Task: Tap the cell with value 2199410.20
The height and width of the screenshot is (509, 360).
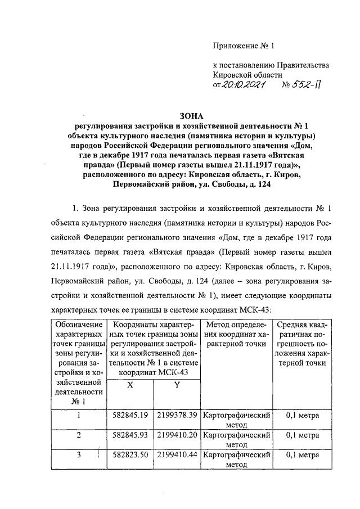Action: pyautogui.click(x=177, y=435)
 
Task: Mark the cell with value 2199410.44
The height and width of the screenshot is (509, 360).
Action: pyautogui.click(x=177, y=455)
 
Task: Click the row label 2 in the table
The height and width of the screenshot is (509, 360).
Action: pyautogui.click(x=79, y=435)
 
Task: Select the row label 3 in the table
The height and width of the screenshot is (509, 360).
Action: pyautogui.click(x=79, y=455)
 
